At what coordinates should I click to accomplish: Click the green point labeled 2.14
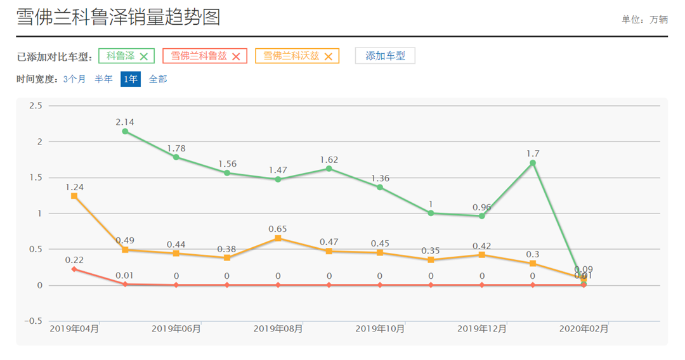125,131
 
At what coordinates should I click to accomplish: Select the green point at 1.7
533,163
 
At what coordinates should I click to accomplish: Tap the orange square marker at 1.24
74,196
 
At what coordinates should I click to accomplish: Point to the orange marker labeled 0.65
278,238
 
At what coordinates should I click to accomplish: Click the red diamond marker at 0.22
74,269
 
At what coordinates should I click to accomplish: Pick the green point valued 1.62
329,169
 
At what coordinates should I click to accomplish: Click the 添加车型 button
385,56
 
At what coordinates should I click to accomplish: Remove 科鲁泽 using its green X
144,56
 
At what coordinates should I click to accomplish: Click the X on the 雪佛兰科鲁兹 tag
236,56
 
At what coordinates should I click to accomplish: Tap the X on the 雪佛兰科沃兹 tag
329,56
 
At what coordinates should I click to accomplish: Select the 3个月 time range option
74,79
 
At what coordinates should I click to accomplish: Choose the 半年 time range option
103,79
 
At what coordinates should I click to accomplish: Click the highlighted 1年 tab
131,79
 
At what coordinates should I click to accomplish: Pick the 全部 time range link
158,79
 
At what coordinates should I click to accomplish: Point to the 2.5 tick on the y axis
35,106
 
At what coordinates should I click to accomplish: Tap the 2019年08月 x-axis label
278,328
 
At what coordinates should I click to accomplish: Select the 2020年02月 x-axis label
584,328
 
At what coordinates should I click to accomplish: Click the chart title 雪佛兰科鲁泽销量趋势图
119,18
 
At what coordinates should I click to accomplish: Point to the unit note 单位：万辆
644,20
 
